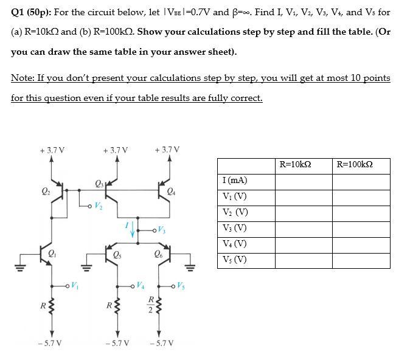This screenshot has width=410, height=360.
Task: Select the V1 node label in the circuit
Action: [x=74, y=283]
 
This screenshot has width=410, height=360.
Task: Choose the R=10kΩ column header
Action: [x=304, y=165]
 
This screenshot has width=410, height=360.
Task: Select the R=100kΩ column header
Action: [x=361, y=165]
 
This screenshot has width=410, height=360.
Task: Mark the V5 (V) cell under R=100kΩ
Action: [x=361, y=260]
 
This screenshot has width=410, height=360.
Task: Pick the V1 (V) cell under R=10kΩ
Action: [x=304, y=196]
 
